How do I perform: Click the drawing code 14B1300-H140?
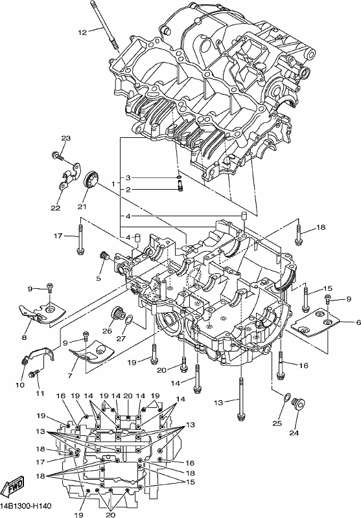coord(26,506)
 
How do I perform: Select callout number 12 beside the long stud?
coord(82,32)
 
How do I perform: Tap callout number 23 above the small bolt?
coord(66,138)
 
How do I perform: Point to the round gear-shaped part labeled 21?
coord(91,181)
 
